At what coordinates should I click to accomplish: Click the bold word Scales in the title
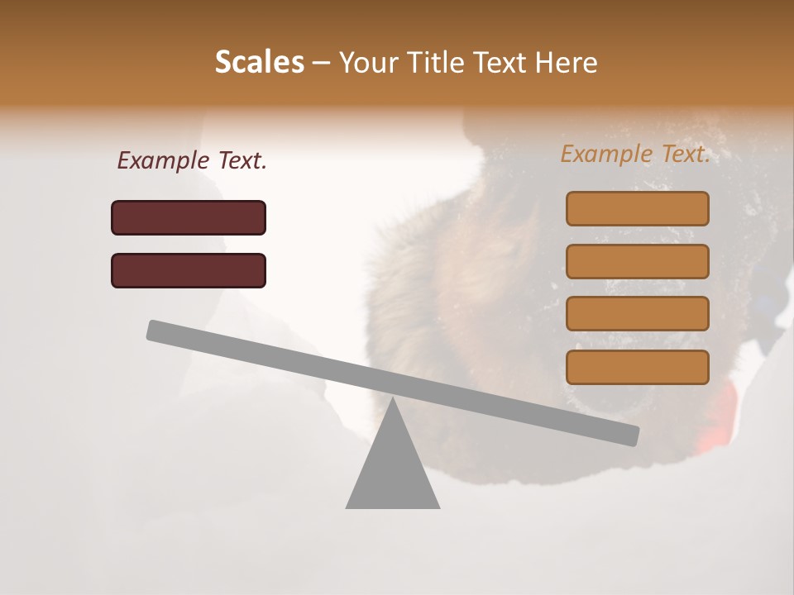pyautogui.click(x=259, y=62)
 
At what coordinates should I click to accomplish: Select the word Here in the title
pyautogui.click(x=567, y=62)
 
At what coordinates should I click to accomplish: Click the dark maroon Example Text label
pyautogui.click(x=192, y=160)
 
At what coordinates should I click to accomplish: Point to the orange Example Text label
pyautogui.click(x=635, y=154)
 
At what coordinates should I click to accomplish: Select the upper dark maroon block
pyautogui.click(x=189, y=217)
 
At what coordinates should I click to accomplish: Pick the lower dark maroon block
pyautogui.click(x=189, y=270)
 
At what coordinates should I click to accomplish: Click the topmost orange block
pyautogui.click(x=638, y=208)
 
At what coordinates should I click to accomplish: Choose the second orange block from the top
pyautogui.click(x=638, y=261)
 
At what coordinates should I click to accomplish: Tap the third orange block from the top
pyautogui.click(x=638, y=313)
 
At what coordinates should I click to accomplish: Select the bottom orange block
pyautogui.click(x=638, y=367)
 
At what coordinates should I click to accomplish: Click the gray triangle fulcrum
pyautogui.click(x=392, y=471)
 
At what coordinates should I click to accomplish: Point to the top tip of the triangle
pyautogui.click(x=392, y=399)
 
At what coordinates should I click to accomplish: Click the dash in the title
pyautogui.click(x=322, y=63)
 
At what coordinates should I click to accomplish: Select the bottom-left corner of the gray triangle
pyautogui.click(x=347, y=507)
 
